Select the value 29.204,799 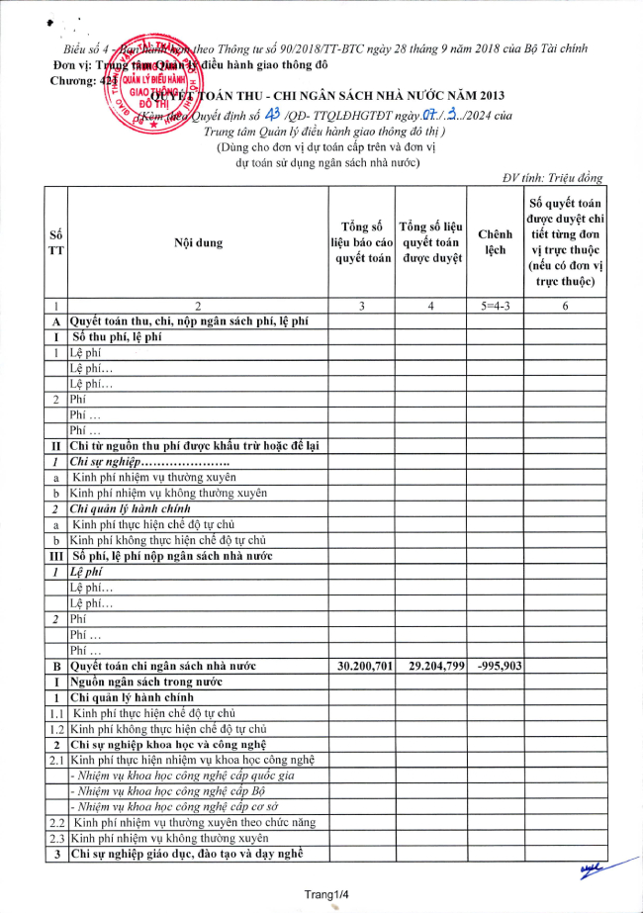(430, 666)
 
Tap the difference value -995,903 (495, 666)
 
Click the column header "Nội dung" (198, 242)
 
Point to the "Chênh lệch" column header (495, 242)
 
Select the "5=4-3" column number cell (495, 306)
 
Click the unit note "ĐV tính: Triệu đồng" (552, 178)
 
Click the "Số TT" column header (57, 242)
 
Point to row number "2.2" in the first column (57, 822)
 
